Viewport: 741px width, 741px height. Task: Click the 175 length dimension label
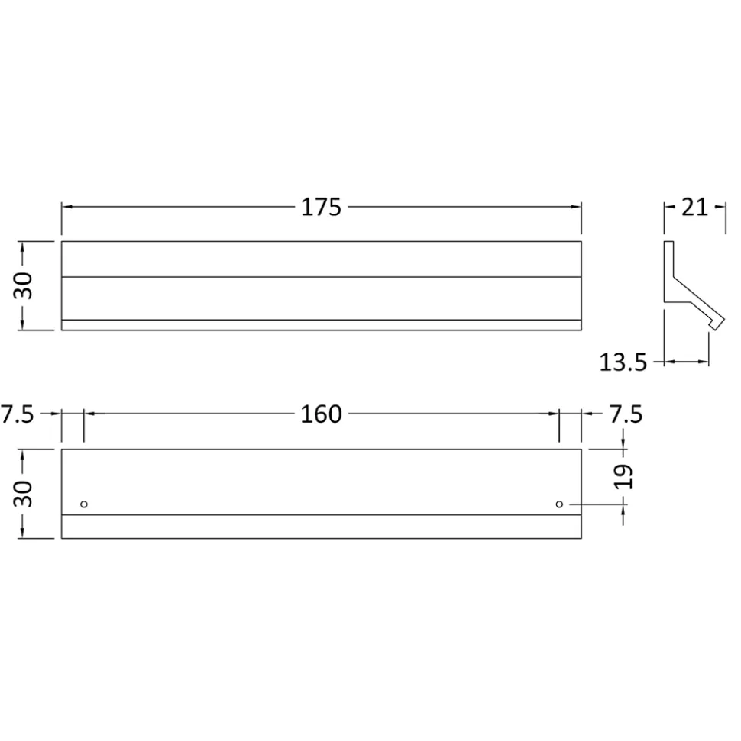click(321, 208)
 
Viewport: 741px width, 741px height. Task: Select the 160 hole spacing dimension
click(321, 414)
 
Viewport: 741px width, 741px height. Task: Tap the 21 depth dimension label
click(694, 208)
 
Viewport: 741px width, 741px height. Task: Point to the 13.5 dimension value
click(623, 362)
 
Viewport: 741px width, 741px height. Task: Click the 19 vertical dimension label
click(623, 476)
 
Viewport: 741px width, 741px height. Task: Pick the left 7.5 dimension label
click(17, 414)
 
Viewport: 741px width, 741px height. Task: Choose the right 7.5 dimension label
click(626, 414)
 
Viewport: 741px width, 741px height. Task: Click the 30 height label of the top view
click(23, 286)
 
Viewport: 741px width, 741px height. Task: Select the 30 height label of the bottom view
click(23, 494)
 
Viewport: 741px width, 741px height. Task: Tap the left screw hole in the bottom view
click(84, 504)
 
